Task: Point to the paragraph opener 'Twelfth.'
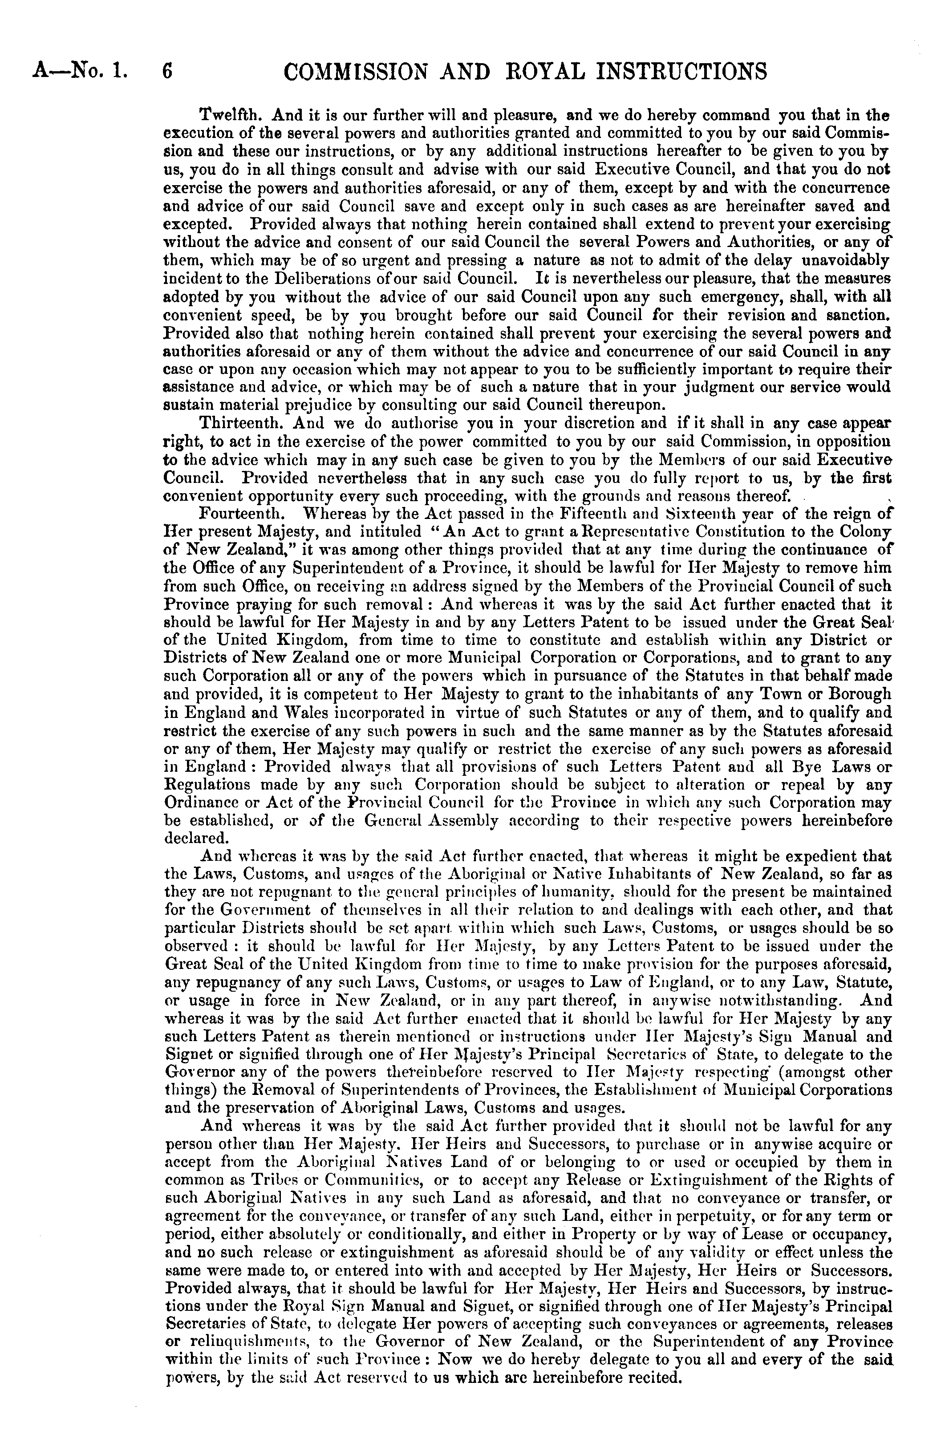tap(232, 115)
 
